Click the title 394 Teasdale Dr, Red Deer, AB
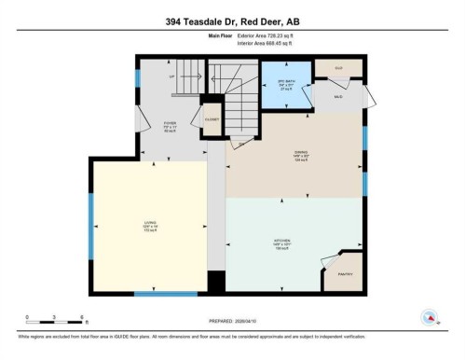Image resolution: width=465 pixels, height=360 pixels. [x=232, y=22]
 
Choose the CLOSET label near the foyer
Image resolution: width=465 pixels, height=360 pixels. [x=212, y=118]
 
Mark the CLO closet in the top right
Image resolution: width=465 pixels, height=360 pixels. [x=339, y=69]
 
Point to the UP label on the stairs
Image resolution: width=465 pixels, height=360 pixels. [x=171, y=76]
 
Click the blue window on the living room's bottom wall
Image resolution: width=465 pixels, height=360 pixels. [x=165, y=294]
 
